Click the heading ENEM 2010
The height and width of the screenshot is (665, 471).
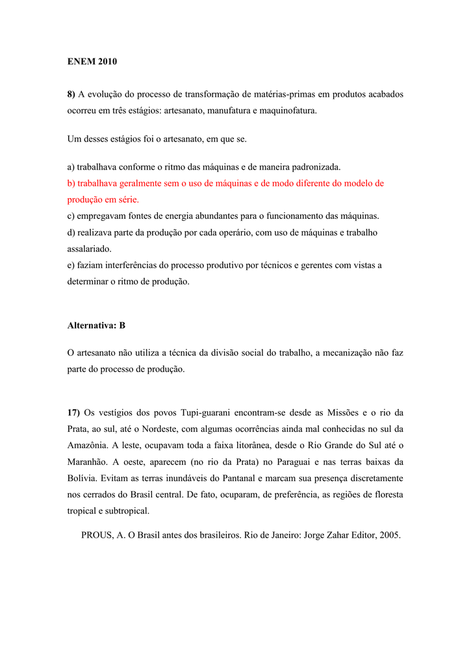pos(92,62)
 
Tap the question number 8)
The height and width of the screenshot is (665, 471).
pos(71,94)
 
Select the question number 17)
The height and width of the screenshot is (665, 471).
pos(73,412)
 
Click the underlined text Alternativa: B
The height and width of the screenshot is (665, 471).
pos(96,325)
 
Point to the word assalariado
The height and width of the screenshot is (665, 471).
pos(89,249)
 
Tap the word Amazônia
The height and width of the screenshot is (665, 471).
pos(88,445)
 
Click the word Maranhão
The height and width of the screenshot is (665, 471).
pos(88,462)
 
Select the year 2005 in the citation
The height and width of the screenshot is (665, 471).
pos(388,536)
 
